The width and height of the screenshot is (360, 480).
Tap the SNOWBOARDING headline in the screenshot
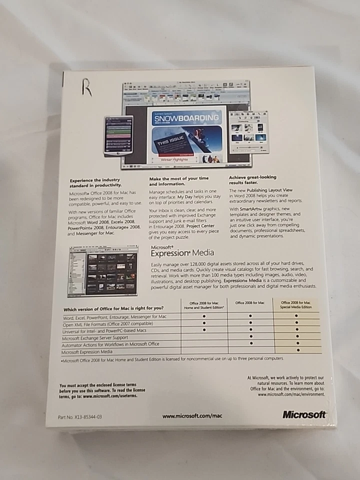(186, 118)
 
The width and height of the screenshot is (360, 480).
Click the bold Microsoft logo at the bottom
(304, 414)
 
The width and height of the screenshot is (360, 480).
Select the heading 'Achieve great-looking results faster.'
(252, 180)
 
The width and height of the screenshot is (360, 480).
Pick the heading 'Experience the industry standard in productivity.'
(95, 181)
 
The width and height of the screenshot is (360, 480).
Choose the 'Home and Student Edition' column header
(203, 304)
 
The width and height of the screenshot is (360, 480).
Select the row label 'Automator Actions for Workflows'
(110, 345)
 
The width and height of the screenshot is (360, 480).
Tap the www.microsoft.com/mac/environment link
(291, 394)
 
